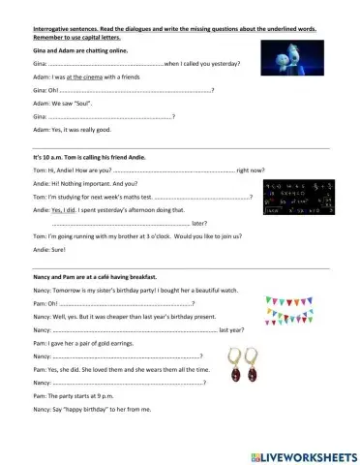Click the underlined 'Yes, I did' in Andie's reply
coord(63,208)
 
